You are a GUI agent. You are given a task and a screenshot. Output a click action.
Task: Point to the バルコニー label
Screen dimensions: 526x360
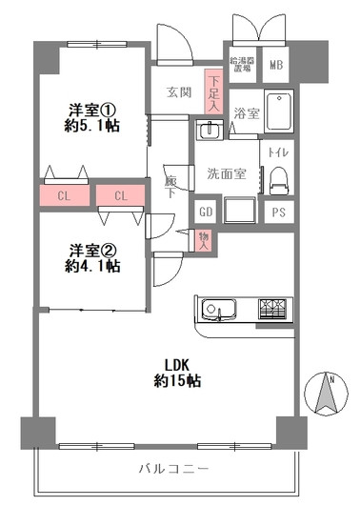pos(173,468)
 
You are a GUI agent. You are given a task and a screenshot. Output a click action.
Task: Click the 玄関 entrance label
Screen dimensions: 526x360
pos(180,92)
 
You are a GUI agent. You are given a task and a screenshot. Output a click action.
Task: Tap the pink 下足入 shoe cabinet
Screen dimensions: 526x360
pos(214,94)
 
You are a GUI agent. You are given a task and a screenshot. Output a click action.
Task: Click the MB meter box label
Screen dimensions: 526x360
pos(276,65)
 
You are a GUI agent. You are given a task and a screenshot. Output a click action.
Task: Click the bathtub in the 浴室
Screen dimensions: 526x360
pos(278,112)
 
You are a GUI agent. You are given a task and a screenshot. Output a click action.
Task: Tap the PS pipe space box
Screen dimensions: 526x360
pos(278,212)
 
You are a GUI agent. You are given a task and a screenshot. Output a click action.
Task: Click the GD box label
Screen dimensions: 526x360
pos(206,212)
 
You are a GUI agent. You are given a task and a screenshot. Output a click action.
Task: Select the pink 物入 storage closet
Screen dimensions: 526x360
pos(204,240)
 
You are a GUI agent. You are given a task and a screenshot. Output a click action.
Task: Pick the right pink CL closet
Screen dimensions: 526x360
pos(121,196)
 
